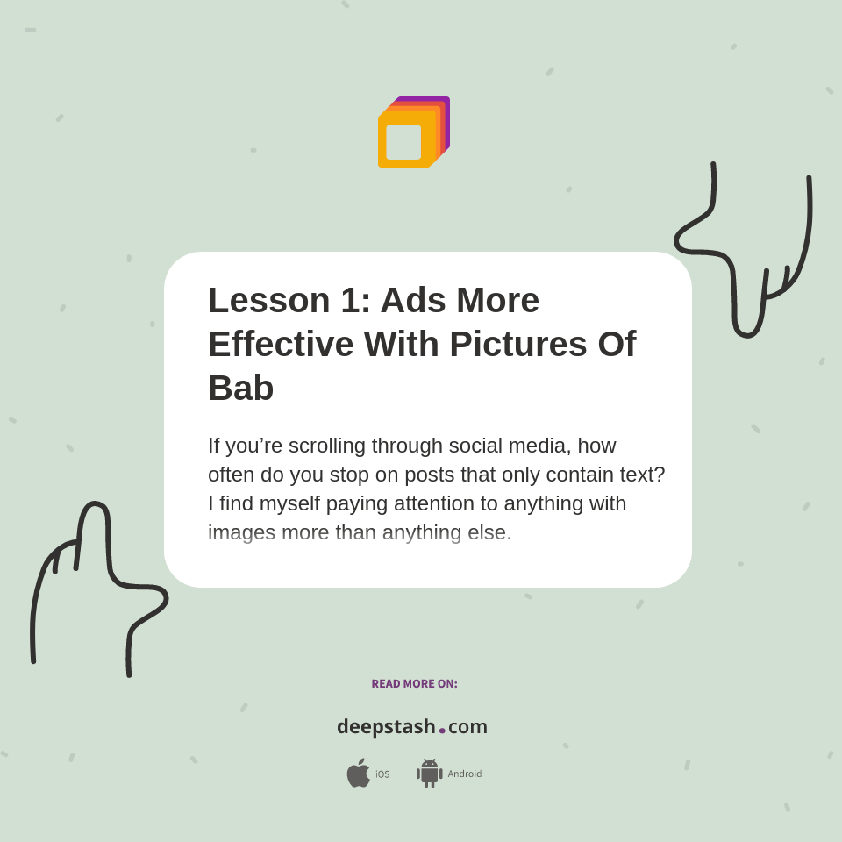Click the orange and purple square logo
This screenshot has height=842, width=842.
pos(413,132)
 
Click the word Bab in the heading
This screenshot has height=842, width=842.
pos(241,388)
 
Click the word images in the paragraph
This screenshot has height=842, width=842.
pos(241,532)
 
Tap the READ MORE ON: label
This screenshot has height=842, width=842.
pos(414,684)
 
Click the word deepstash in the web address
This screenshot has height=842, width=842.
pos(386,726)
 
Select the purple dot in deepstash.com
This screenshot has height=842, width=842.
pos(442,731)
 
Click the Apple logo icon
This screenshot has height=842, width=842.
pos(358,773)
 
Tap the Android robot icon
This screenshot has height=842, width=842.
pos(429,773)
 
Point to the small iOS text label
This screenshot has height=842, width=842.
pos(382,774)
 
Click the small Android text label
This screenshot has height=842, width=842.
pos(464,774)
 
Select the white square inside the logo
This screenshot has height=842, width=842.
pos(403,142)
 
